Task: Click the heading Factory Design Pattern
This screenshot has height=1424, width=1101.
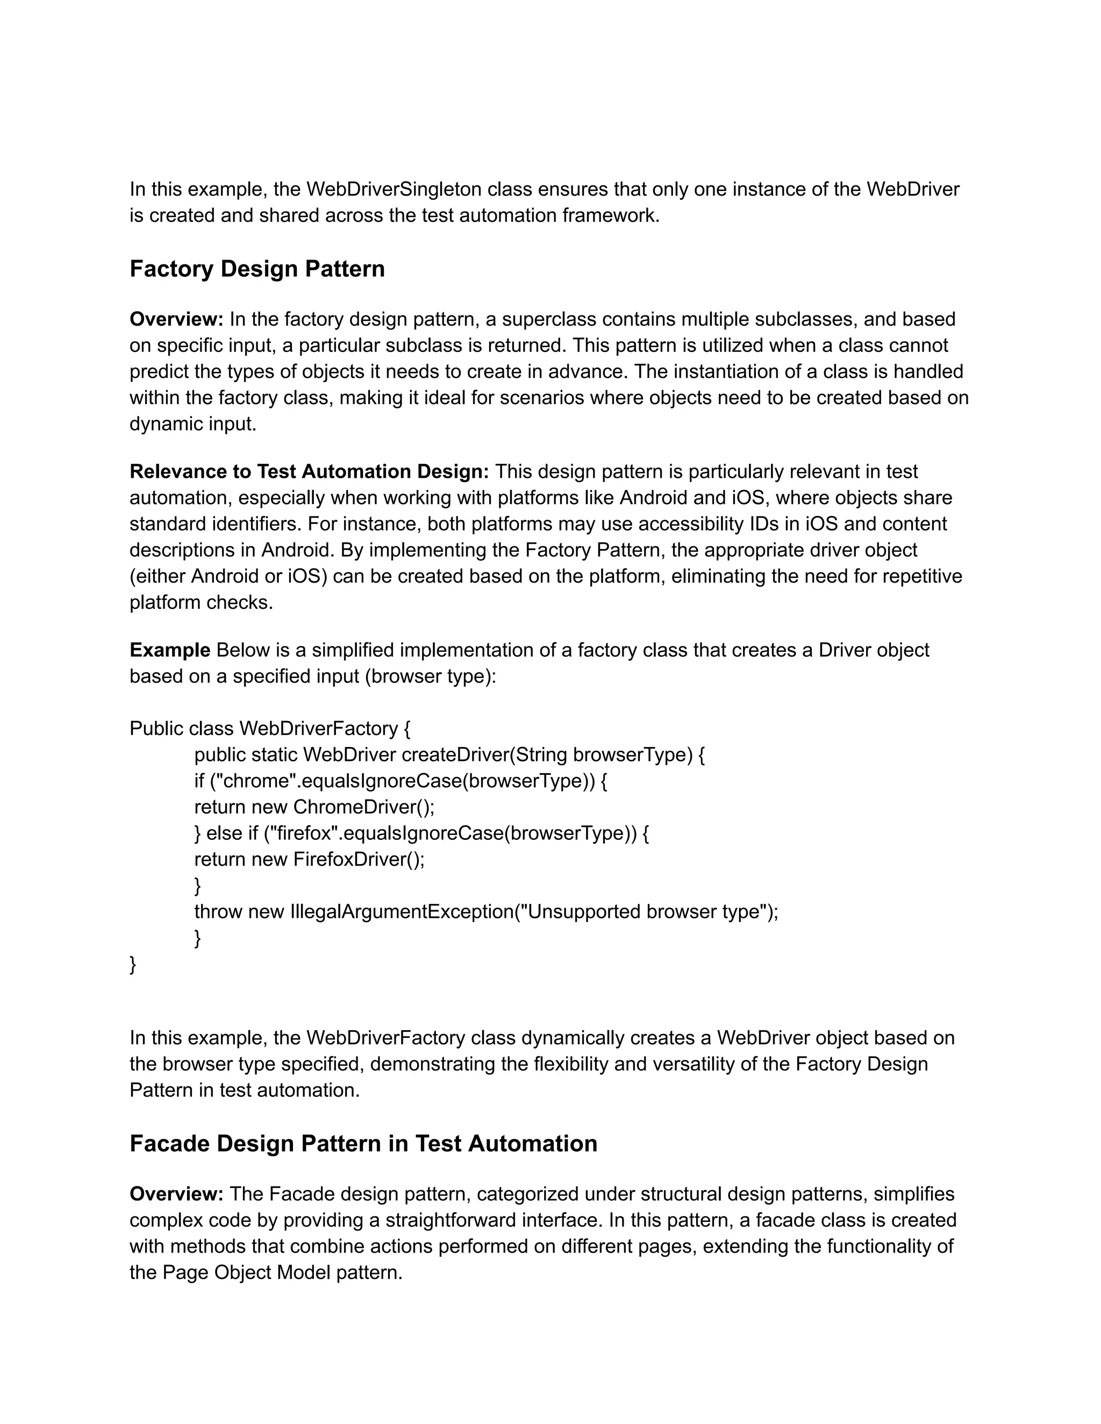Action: point(257,269)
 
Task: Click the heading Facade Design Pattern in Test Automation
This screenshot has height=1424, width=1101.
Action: point(363,1143)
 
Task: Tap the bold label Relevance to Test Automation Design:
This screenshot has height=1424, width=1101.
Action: point(309,471)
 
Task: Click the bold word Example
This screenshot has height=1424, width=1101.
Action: point(169,650)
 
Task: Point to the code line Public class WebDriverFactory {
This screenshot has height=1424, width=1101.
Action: point(270,728)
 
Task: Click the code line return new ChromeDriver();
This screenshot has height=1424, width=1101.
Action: point(314,807)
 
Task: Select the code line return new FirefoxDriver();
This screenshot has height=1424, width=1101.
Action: point(309,859)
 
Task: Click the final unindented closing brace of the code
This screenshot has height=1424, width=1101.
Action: point(133,965)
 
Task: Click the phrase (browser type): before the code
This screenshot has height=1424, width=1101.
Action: point(431,676)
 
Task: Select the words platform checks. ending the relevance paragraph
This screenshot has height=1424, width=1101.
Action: point(201,602)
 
